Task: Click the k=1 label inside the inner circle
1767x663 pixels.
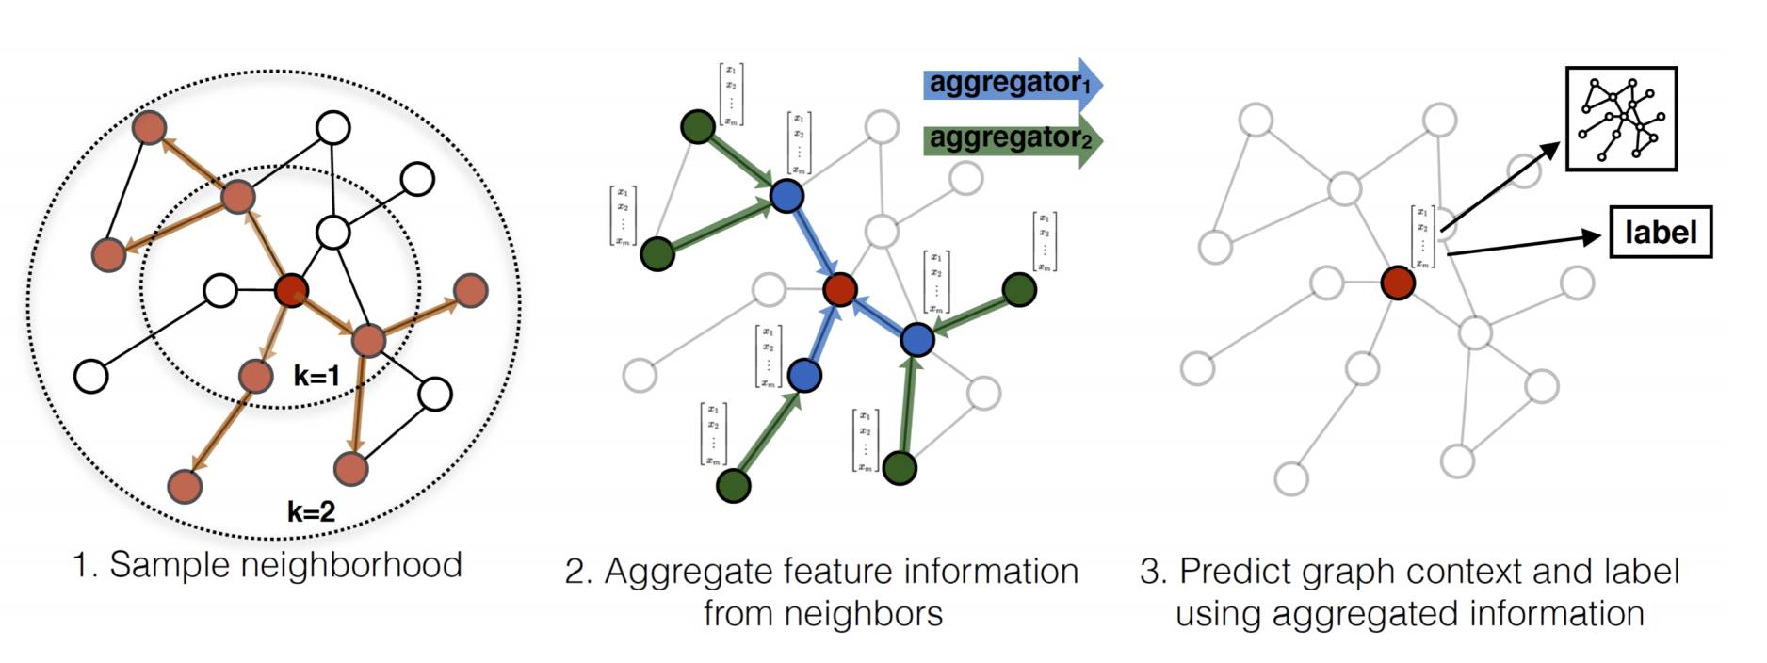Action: click(316, 377)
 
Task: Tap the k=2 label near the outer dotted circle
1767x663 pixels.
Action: click(312, 511)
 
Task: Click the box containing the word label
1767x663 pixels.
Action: click(1660, 232)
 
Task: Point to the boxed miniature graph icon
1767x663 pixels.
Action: click(1621, 119)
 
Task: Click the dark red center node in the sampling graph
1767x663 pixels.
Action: click(292, 290)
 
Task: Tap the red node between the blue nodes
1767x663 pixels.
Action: click(839, 289)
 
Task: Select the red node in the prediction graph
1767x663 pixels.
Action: click(1398, 283)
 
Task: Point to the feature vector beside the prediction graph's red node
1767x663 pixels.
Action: click(1422, 237)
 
